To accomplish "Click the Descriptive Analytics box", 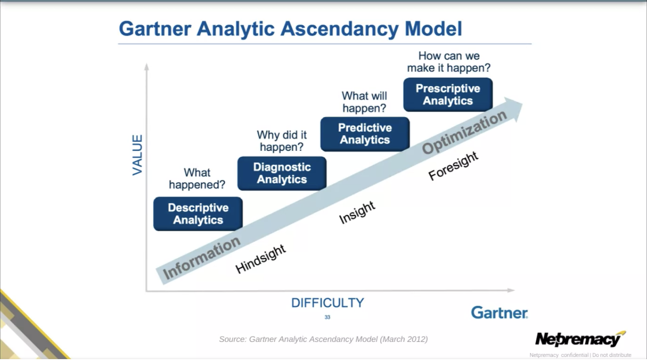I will click(x=198, y=214).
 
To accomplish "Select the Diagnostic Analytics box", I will click(x=282, y=173).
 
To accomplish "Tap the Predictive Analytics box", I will click(x=365, y=134).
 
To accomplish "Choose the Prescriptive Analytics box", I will click(x=448, y=94).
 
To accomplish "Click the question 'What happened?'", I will click(x=197, y=179).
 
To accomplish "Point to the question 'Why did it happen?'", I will click(x=282, y=141).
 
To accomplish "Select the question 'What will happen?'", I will click(x=364, y=102).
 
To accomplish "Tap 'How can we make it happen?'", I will click(x=449, y=62).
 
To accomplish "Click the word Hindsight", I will click(x=261, y=259).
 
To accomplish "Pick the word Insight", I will click(x=357, y=212).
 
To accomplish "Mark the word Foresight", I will click(x=453, y=166).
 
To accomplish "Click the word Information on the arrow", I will click(x=202, y=258).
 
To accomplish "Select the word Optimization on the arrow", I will click(x=464, y=133).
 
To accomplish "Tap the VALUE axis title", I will click(x=138, y=155).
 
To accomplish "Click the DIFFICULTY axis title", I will click(x=327, y=303).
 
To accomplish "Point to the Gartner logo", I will click(x=499, y=313).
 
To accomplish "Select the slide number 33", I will click(x=327, y=317).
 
